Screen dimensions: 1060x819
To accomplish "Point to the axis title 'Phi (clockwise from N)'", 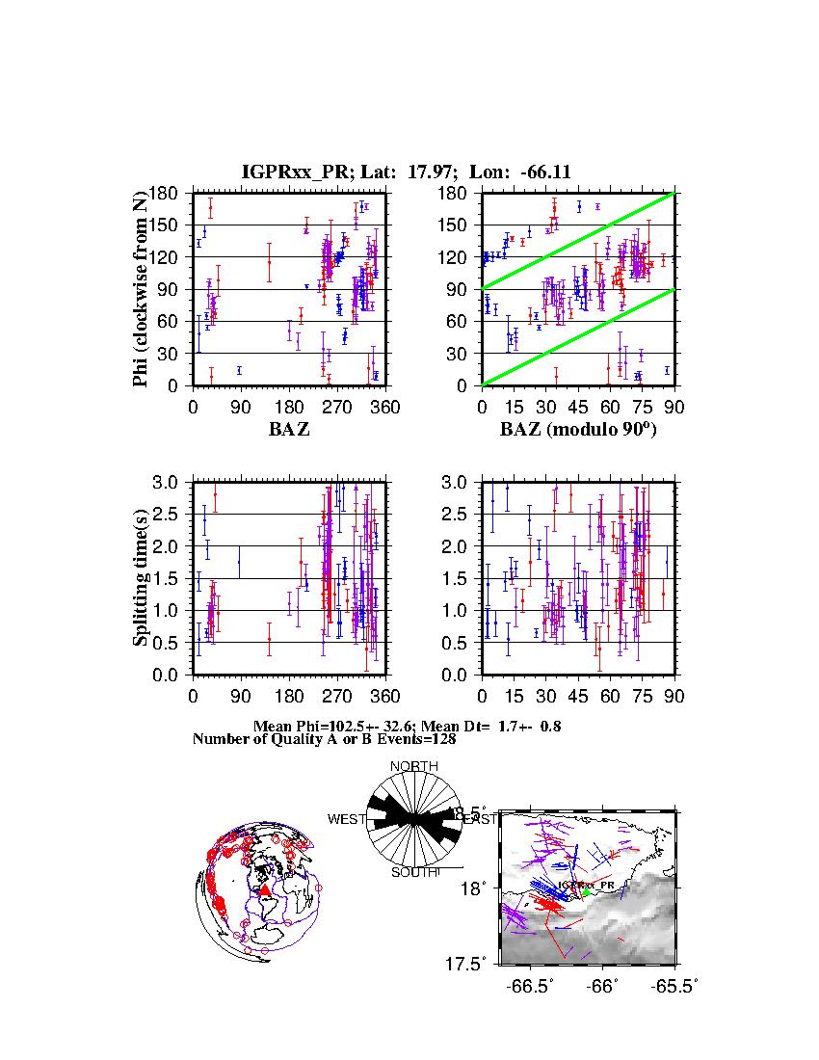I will coord(142,289).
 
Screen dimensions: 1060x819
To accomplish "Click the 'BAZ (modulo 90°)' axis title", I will coord(578,430).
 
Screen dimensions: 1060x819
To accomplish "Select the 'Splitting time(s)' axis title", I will coord(142,578).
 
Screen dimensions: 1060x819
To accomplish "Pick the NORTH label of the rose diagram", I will coord(414,766).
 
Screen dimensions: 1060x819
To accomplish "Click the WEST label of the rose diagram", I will coord(347,819).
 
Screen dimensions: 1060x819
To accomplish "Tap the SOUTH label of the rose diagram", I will coord(414,872).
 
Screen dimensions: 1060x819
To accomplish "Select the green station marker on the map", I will coord(585,893).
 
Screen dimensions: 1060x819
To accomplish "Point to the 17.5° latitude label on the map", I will coord(474,964).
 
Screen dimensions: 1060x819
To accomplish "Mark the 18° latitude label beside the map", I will coord(478,887).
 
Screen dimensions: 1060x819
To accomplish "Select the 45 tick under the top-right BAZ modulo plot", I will coord(579,407).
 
